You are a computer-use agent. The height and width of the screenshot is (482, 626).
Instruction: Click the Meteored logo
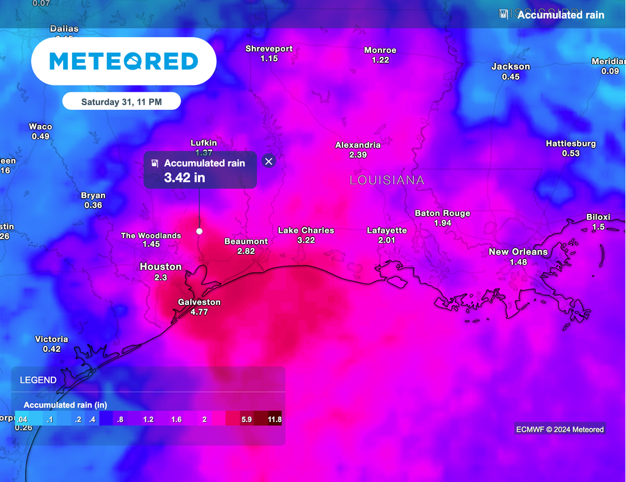pyautogui.click(x=123, y=61)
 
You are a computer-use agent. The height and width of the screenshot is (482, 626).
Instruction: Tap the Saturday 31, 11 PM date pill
pyautogui.click(x=122, y=102)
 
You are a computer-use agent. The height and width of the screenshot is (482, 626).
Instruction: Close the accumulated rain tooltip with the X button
pyautogui.click(x=268, y=161)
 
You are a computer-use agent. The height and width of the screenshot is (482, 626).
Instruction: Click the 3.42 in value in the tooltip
pyautogui.click(x=185, y=178)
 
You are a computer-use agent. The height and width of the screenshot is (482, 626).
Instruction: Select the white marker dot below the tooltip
pyautogui.click(x=199, y=231)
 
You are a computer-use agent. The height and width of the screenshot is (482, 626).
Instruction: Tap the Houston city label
pyautogui.click(x=161, y=266)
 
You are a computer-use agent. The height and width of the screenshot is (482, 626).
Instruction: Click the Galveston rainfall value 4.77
pyautogui.click(x=199, y=312)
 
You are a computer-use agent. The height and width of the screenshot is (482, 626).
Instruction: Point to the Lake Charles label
pyautogui.click(x=306, y=230)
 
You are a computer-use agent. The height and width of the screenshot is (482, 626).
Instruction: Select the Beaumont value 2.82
pyautogui.click(x=246, y=251)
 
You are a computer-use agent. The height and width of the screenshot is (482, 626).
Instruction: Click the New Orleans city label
pyautogui.click(x=518, y=252)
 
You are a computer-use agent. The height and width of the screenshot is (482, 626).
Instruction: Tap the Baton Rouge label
pyautogui.click(x=443, y=213)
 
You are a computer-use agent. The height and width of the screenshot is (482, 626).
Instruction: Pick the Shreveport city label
pyautogui.click(x=269, y=49)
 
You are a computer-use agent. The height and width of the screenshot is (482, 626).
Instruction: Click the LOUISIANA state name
pyautogui.click(x=387, y=180)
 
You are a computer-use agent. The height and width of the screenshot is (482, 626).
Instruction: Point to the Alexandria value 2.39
pyautogui.click(x=358, y=155)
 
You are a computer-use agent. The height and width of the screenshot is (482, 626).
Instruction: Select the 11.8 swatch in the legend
pyautogui.click(x=268, y=419)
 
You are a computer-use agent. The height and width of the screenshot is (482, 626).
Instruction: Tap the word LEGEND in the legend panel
pyautogui.click(x=39, y=380)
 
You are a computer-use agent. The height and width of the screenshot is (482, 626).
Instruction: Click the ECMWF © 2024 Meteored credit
pyautogui.click(x=559, y=429)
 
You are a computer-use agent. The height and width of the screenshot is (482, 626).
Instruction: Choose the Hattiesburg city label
pyautogui.click(x=571, y=144)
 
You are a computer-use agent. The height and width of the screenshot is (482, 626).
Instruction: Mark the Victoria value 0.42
pyautogui.click(x=52, y=349)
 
